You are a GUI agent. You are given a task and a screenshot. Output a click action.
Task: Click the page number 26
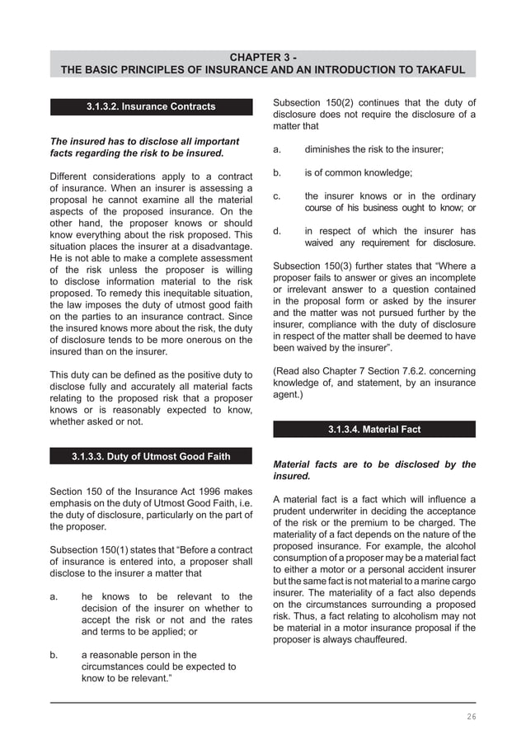[471, 716]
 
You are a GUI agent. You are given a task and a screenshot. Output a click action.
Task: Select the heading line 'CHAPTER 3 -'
[263, 57]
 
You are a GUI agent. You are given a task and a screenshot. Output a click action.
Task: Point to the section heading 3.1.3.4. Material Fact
[374, 429]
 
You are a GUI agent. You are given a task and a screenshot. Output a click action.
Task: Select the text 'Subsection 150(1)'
[91, 550]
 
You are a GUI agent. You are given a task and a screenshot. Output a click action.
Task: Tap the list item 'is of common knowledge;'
[358, 172]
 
